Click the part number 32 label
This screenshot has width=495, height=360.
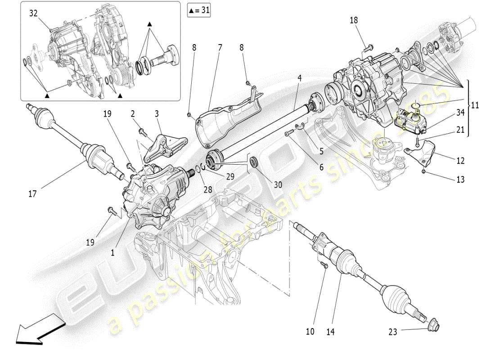pyautogui.click(x=33, y=13)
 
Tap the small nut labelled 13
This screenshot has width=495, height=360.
pyautogui.click(x=424, y=172)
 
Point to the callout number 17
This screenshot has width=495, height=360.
pyautogui.click(x=32, y=194)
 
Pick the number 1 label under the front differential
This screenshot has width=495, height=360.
pyautogui.click(x=112, y=253)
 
